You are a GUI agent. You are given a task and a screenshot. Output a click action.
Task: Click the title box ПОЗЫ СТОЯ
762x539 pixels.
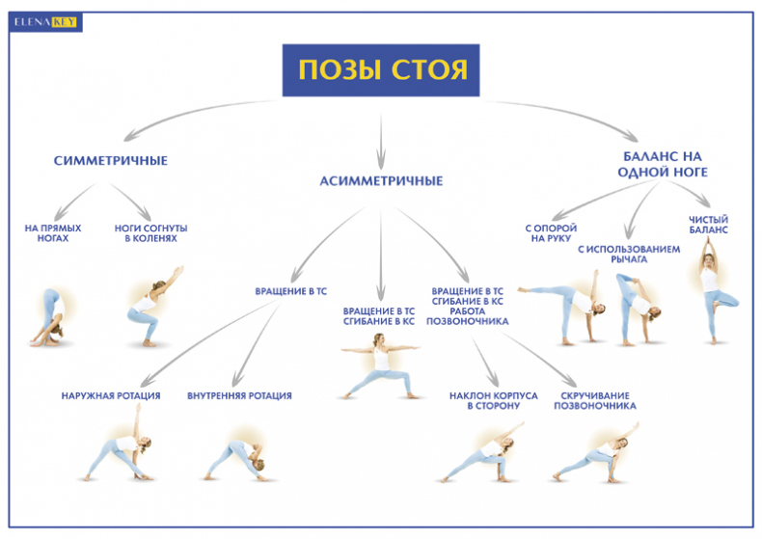381,69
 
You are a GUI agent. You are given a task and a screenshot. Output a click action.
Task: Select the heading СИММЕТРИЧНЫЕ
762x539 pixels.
111,160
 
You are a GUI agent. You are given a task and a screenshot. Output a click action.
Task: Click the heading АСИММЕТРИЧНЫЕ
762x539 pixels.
381,180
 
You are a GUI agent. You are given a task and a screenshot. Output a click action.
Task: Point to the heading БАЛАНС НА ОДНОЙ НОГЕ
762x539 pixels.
665,163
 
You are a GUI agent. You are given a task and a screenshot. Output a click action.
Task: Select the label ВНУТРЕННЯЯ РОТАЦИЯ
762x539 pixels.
239,395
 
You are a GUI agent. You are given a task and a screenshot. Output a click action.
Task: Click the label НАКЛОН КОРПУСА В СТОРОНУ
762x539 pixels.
484,400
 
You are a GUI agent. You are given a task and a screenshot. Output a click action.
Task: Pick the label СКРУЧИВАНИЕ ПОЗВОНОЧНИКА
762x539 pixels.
594,400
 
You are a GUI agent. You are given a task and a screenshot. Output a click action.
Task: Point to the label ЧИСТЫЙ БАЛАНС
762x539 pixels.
708,226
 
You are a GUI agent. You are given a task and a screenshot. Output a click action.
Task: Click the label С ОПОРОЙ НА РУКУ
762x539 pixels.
551,233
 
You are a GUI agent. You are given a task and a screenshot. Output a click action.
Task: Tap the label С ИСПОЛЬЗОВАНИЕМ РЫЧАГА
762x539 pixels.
629,254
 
